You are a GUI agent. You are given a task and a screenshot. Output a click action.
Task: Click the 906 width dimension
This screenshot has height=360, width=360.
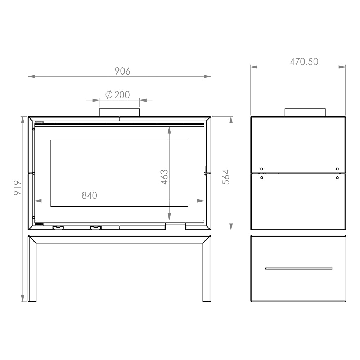point(122,71)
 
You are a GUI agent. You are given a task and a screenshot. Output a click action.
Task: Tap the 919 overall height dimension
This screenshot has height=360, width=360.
point(17,188)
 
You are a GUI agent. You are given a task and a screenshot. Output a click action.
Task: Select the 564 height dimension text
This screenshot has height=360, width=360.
point(226,177)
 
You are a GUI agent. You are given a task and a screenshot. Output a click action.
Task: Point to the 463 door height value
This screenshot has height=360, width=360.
point(165,177)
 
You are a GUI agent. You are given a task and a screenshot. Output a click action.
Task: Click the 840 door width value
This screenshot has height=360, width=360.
point(89,195)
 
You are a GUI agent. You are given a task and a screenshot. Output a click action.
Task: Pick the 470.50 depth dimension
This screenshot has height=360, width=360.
point(304,62)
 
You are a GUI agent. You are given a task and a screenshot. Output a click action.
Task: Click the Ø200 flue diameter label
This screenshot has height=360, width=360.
point(118,95)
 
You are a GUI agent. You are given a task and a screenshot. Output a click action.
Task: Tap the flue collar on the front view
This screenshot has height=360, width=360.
point(120,112)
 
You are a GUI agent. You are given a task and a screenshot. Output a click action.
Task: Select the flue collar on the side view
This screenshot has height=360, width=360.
point(305,112)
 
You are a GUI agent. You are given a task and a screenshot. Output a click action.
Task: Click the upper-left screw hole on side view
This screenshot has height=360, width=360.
point(262,169)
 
